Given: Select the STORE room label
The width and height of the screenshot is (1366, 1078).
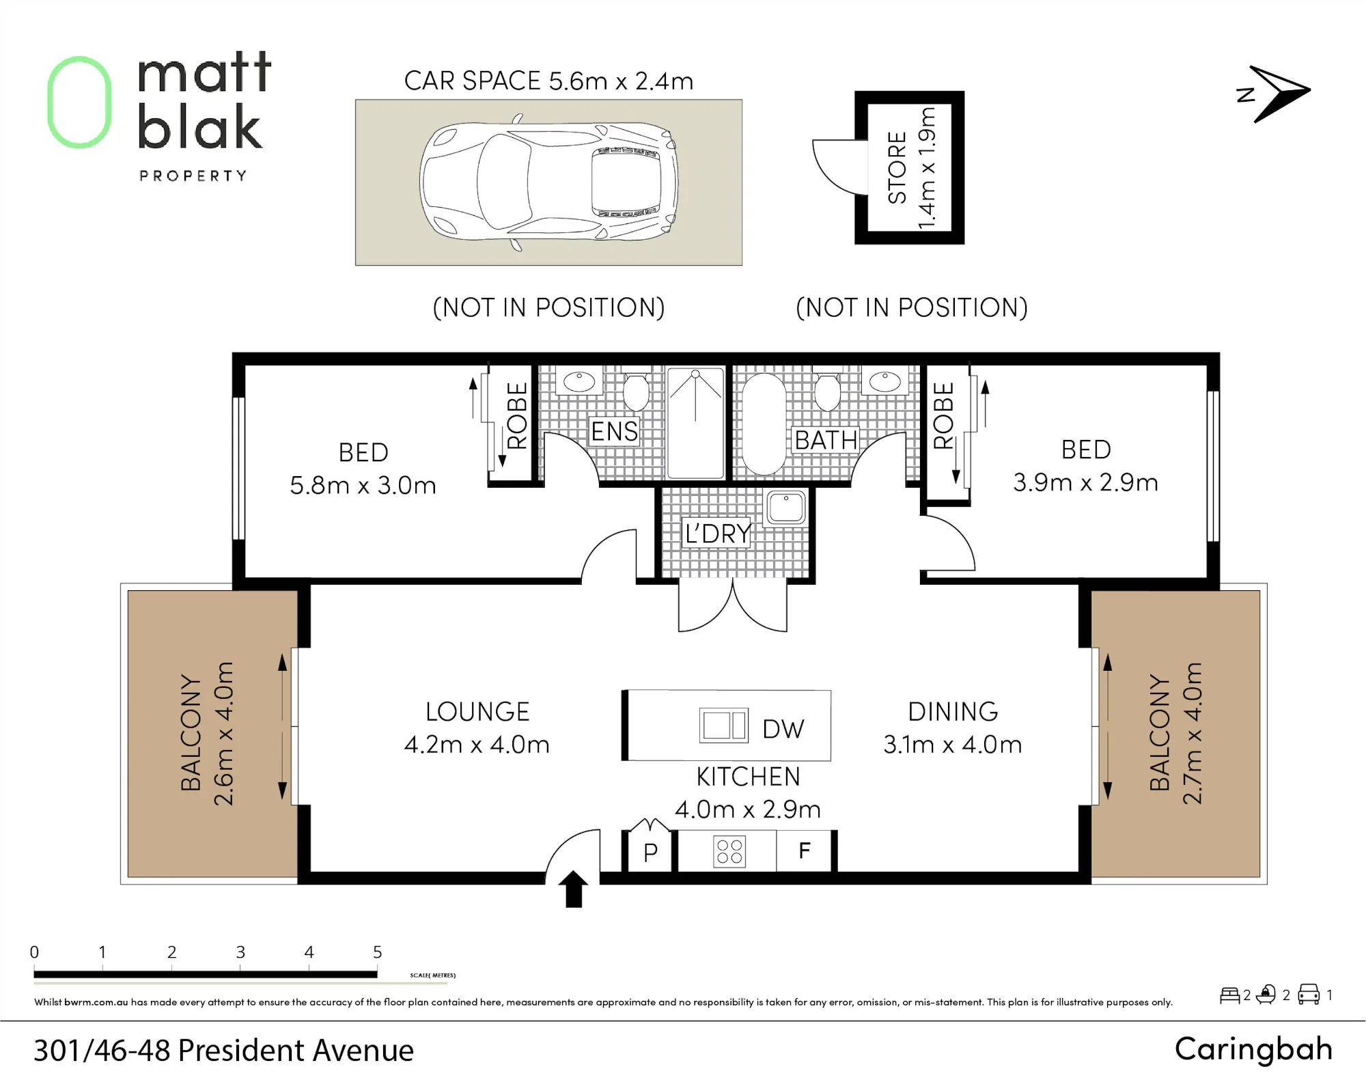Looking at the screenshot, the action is coord(897,168).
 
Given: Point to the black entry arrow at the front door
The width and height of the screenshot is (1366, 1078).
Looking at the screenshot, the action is coord(574,889).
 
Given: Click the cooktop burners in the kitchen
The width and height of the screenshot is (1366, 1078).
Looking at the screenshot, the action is coord(729,851).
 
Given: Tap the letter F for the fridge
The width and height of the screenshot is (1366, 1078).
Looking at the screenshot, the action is coord(805,851).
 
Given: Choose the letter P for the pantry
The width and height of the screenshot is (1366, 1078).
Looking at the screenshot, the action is coord(650,852).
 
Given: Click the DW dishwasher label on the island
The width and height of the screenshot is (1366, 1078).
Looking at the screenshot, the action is coord(783,729).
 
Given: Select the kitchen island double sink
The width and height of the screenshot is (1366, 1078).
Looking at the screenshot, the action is coord(723,725).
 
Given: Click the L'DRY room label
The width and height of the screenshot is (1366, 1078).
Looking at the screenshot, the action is coord(718,534).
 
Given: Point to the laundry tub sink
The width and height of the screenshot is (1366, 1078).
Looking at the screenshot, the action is coord(786,507).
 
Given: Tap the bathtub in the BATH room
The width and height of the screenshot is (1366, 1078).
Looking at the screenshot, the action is coord(764,424).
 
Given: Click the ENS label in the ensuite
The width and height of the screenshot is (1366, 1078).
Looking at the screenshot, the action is coord(614,432).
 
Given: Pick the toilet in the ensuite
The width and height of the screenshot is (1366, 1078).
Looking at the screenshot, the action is coord(636,391).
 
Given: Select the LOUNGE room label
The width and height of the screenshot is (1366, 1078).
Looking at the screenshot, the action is coord(477,712).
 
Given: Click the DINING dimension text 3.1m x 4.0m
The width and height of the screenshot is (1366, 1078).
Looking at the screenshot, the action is coord(953,745).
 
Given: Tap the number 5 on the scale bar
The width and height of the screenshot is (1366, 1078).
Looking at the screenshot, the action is coord(378,952).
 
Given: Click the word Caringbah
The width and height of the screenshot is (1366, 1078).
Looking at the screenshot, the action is coord(1254,1050).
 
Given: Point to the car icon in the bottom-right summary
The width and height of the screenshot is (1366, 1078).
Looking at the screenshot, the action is coord(1309,995).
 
